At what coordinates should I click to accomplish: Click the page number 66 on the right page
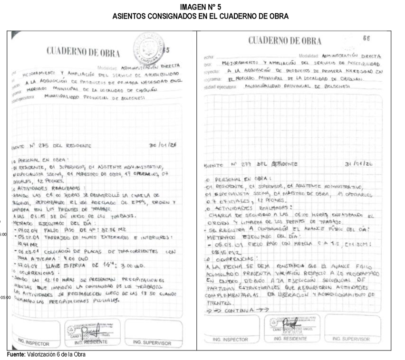[x=366, y=38]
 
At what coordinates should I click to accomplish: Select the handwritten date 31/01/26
[x=358, y=164]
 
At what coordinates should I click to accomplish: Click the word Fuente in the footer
[x=16, y=354]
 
